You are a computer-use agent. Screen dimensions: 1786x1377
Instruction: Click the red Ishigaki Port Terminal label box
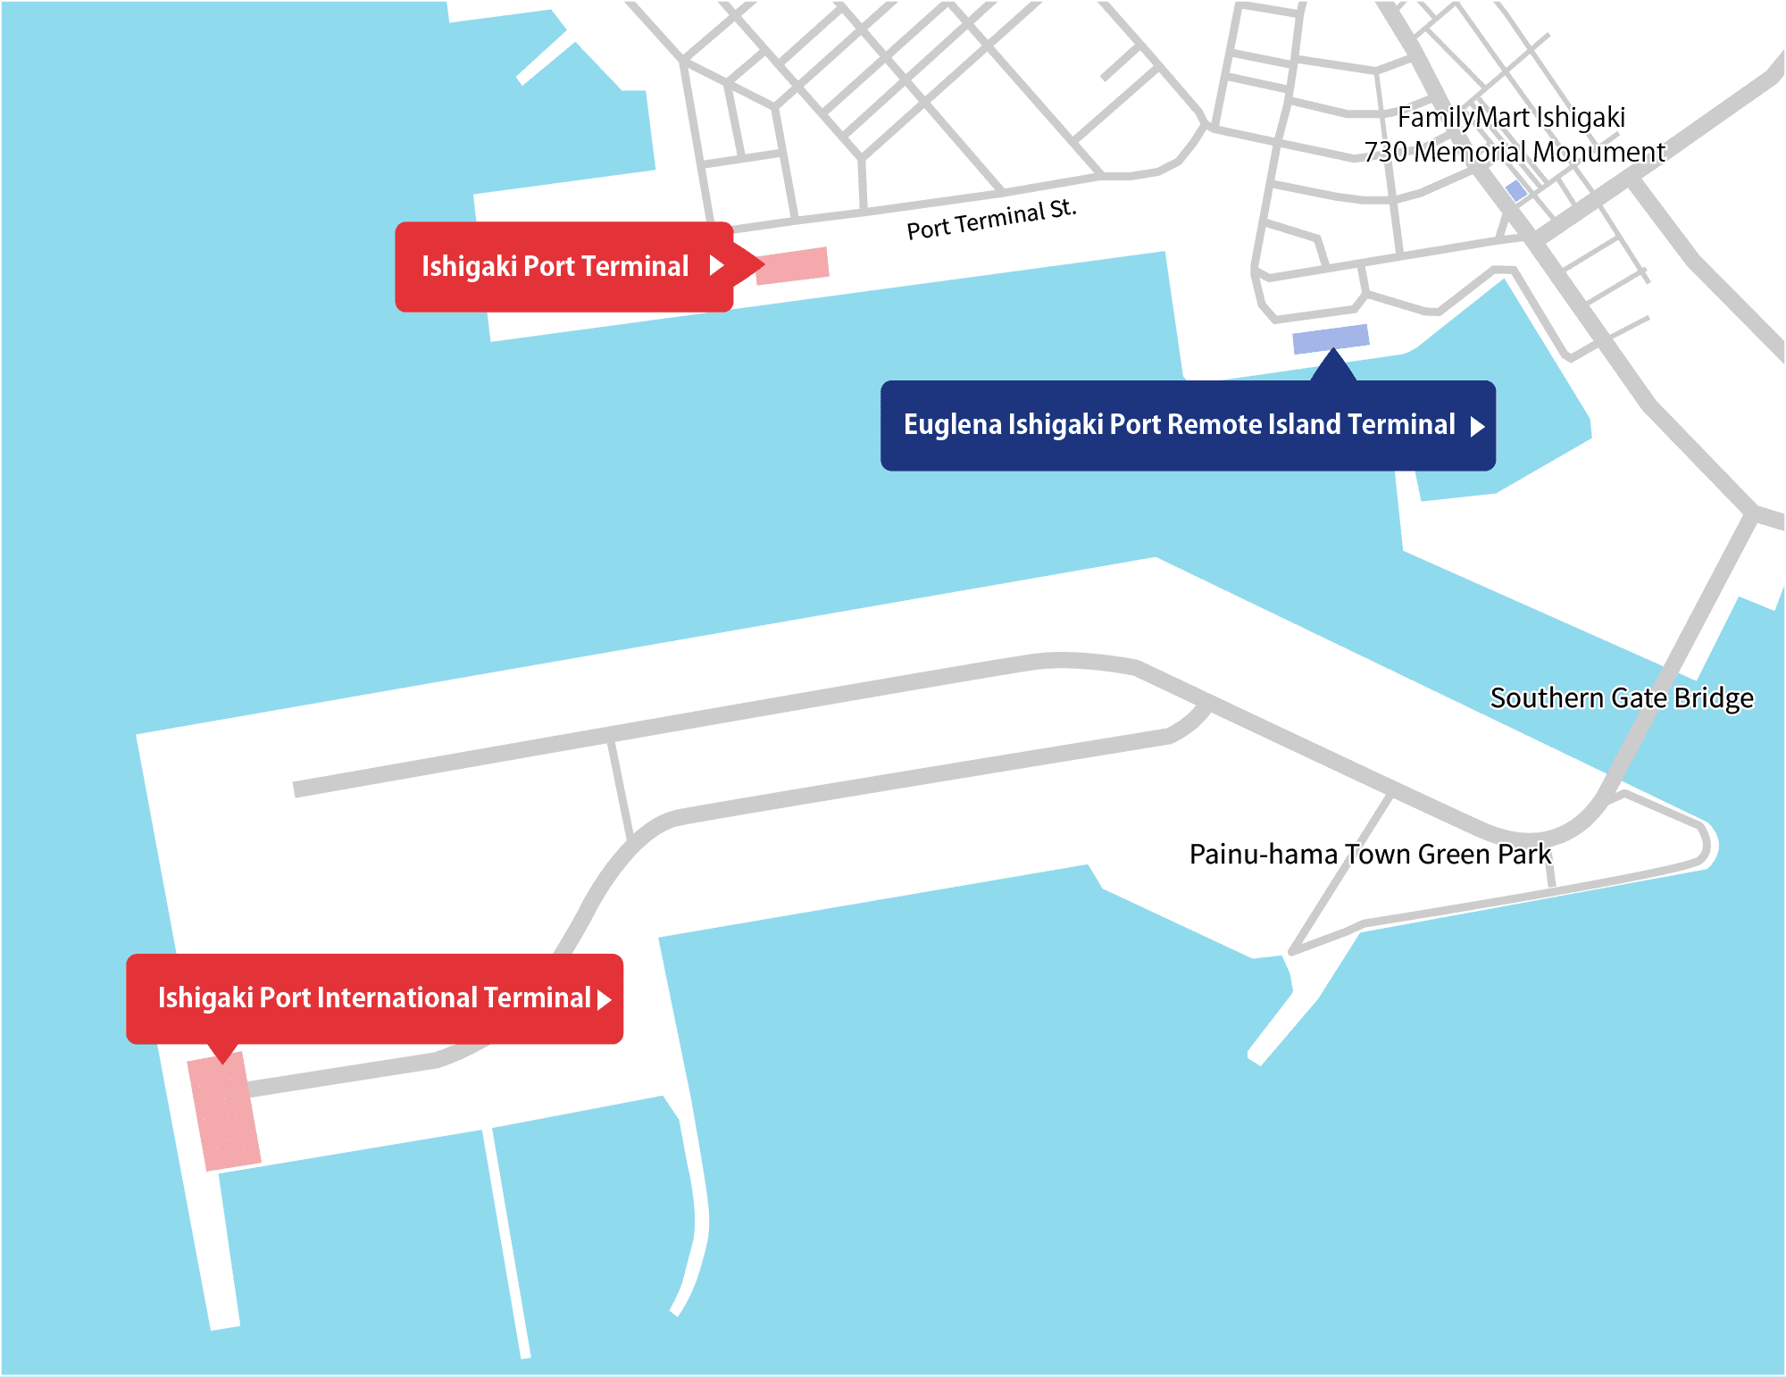tap(564, 267)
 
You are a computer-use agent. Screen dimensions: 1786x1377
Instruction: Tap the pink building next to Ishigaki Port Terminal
tap(793, 266)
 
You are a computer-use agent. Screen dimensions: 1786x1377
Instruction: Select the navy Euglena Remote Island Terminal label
tap(1188, 425)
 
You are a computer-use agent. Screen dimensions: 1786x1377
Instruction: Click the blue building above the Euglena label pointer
tap(1331, 339)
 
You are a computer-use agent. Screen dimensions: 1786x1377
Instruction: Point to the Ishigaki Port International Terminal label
tap(375, 998)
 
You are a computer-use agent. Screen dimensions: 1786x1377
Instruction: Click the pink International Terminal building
tap(224, 1111)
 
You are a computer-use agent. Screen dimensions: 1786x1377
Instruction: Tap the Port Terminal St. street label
tap(992, 220)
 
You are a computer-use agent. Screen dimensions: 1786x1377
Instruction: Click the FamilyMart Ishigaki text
tap(1511, 117)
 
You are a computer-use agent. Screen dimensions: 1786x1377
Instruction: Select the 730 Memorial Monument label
tap(1515, 152)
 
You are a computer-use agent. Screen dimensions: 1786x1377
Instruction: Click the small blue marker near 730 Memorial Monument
tap(1516, 190)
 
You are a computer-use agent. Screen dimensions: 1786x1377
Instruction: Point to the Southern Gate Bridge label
tap(1622, 697)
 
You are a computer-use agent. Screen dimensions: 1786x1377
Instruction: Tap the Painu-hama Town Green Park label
tap(1371, 855)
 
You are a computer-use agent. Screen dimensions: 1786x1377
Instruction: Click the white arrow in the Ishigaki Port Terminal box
tap(716, 265)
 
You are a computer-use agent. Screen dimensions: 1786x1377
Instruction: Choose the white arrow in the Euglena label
tap(1477, 426)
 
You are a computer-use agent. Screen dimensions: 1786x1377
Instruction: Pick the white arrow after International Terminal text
tap(605, 999)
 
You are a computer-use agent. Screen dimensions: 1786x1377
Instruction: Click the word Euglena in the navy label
tap(953, 425)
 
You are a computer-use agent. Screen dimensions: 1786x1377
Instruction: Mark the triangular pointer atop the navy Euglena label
tap(1333, 366)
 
